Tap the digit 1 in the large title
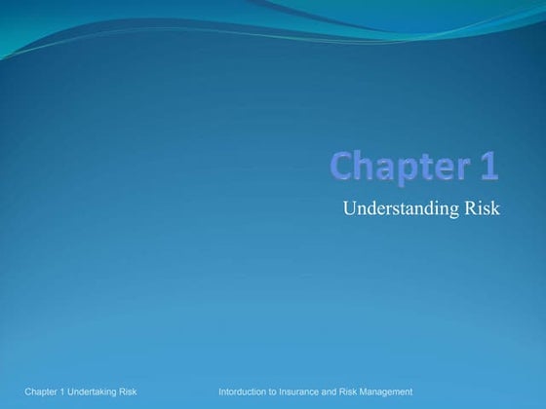click(488, 166)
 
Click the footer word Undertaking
click(99, 391)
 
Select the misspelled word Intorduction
click(246, 391)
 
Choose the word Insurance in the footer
click(309, 391)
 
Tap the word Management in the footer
click(394, 391)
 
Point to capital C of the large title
click(340, 167)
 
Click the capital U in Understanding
click(350, 208)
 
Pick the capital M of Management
click(379, 391)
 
